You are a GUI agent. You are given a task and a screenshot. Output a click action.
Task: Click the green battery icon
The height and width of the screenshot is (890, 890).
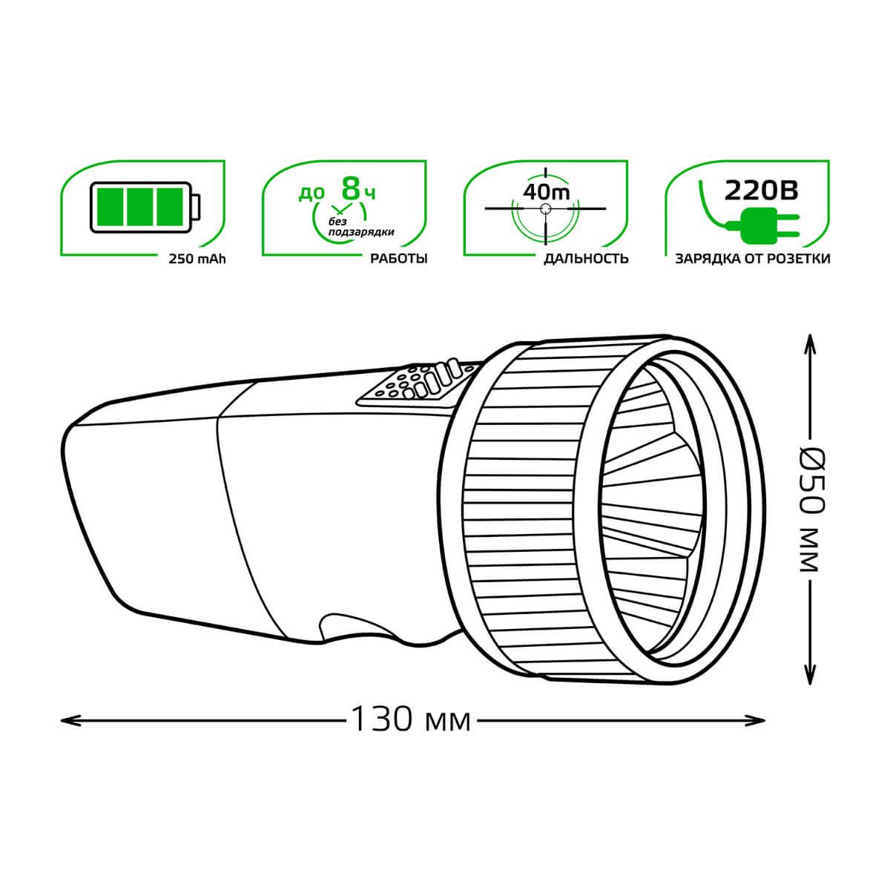point(145,208)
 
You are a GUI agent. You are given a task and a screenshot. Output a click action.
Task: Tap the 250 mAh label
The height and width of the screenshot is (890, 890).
point(197,259)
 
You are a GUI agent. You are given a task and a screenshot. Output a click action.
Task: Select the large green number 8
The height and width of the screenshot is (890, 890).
point(351,188)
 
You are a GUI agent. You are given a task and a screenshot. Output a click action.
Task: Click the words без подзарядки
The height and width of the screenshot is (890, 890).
point(360,227)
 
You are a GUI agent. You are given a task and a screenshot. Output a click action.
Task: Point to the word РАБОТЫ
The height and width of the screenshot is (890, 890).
point(399,259)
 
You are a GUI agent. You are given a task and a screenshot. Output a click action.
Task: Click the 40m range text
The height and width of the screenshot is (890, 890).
point(546,191)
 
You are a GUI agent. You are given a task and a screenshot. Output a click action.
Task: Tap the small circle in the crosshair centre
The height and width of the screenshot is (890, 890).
point(546,208)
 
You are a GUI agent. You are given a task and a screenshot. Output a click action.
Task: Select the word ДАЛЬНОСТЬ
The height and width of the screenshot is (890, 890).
point(586,259)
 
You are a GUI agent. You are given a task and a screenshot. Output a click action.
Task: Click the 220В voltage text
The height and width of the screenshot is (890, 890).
point(761,190)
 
